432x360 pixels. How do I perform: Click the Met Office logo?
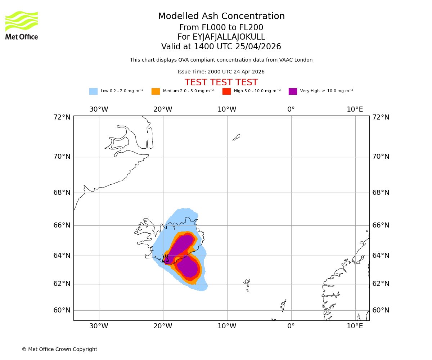point(22,26)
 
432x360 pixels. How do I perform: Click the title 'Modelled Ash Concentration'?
point(221,17)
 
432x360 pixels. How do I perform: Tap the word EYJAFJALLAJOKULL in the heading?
point(229,37)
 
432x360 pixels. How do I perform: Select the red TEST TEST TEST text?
point(221,83)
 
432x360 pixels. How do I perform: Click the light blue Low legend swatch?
point(93,91)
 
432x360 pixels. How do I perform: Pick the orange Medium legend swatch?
point(156,91)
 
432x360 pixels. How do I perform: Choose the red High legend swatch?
point(226,91)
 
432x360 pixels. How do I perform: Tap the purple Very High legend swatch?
point(293,91)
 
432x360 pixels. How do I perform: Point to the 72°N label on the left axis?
point(62,117)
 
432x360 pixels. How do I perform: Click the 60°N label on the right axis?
point(381,310)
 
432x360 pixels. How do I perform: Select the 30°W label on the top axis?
point(99,109)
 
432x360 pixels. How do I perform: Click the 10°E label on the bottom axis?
point(355,326)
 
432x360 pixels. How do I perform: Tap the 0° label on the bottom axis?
point(291,326)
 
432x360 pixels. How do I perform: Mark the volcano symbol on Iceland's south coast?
point(165,258)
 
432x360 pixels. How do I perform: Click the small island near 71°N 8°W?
point(237,137)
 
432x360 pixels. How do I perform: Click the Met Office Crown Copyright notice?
point(59,350)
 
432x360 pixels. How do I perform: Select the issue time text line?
point(221,72)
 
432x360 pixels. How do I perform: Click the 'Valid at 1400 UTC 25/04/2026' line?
point(221,47)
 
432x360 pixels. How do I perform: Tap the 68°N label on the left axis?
point(62,193)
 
